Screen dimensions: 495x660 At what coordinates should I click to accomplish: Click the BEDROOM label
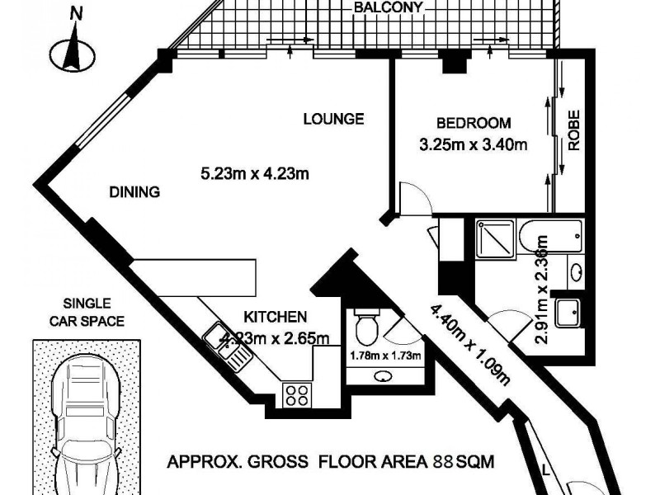[x=474, y=124]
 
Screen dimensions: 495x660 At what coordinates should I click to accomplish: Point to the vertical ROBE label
[x=575, y=130]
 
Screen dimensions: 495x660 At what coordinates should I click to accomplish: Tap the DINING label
[x=134, y=192]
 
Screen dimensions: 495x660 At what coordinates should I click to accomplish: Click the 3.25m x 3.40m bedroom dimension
[x=474, y=145]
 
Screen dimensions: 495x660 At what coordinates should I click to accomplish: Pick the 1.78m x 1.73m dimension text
[x=385, y=356]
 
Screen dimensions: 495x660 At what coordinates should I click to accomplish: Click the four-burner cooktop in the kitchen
[x=296, y=395]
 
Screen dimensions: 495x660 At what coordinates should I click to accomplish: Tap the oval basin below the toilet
[x=384, y=376]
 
